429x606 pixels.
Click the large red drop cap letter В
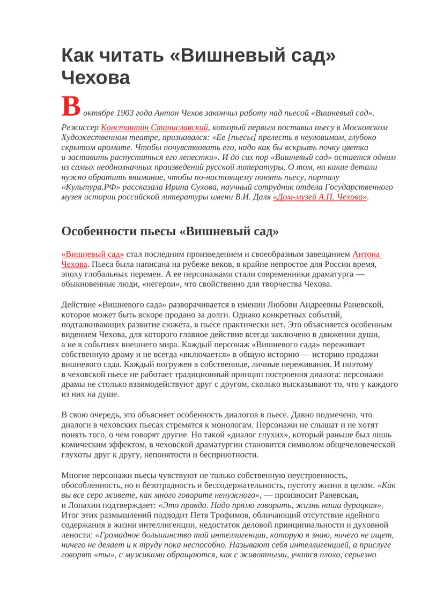coord(71,107)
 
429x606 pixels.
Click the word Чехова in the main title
coord(96,77)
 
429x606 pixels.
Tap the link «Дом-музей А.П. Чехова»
coord(320,197)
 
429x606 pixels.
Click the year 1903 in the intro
coord(127,113)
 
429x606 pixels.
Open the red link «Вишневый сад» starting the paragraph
coord(93,255)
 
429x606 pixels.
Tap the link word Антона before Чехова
coord(367,255)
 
